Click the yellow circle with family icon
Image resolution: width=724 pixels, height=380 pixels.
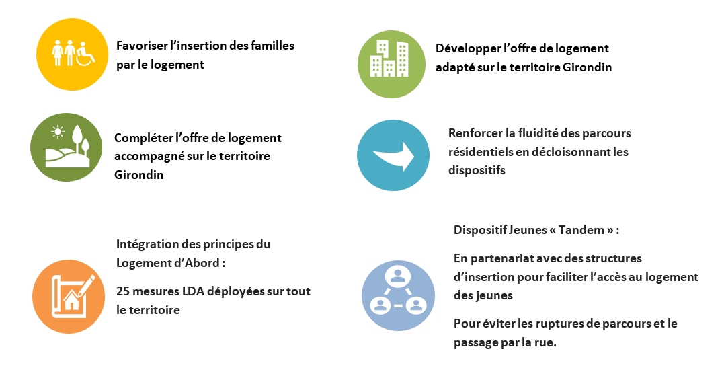[72, 54]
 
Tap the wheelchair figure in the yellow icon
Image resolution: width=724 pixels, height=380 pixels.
[85, 54]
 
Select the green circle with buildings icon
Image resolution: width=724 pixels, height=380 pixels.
[391, 64]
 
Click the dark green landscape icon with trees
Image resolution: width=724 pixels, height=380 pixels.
[67, 147]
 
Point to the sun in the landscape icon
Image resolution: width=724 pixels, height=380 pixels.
[58, 132]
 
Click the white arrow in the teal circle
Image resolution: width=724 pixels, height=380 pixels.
[394, 156]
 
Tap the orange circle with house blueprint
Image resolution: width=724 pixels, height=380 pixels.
[69, 297]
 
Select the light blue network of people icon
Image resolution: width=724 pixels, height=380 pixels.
[398, 295]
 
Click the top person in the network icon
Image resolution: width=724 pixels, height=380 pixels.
[397, 276]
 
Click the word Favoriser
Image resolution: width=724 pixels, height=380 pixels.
[142, 46]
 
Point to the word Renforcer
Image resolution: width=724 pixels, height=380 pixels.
[475, 133]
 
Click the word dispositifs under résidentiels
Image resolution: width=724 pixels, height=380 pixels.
[477, 171]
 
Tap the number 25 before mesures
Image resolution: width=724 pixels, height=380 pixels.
[123, 291]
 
